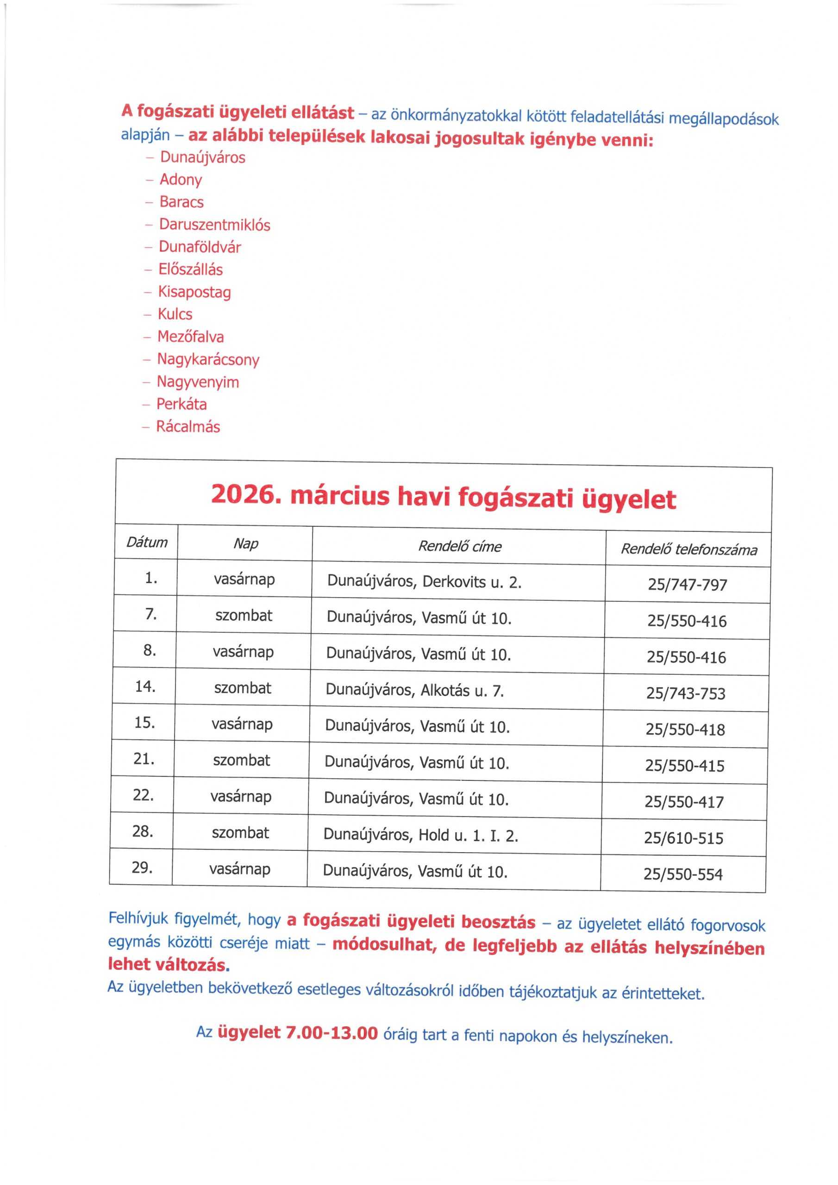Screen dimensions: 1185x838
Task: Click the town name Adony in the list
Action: [x=180, y=180]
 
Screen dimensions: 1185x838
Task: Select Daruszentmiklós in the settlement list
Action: [x=214, y=225]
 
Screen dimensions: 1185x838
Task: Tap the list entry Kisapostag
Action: [x=194, y=292]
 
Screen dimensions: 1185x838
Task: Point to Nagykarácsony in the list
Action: [x=208, y=359]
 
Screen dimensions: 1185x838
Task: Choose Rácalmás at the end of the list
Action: [x=188, y=427]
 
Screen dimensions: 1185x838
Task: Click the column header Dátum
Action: [x=147, y=542]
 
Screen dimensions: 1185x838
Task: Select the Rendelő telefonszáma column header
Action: [x=688, y=549]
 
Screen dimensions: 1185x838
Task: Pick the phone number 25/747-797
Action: [x=687, y=585]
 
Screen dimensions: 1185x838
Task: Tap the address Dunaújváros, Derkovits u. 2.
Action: [x=424, y=582]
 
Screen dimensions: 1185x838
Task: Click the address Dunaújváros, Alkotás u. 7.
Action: [x=415, y=690]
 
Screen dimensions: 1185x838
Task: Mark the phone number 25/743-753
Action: [x=685, y=693]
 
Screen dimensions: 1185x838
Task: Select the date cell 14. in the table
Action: [x=145, y=686]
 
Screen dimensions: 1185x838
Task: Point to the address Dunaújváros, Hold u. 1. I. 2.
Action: [x=420, y=835]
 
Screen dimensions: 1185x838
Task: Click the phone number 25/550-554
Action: [x=682, y=874]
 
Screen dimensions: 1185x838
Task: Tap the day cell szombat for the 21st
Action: [x=242, y=760]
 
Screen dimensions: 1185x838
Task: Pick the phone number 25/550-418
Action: [x=685, y=729]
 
